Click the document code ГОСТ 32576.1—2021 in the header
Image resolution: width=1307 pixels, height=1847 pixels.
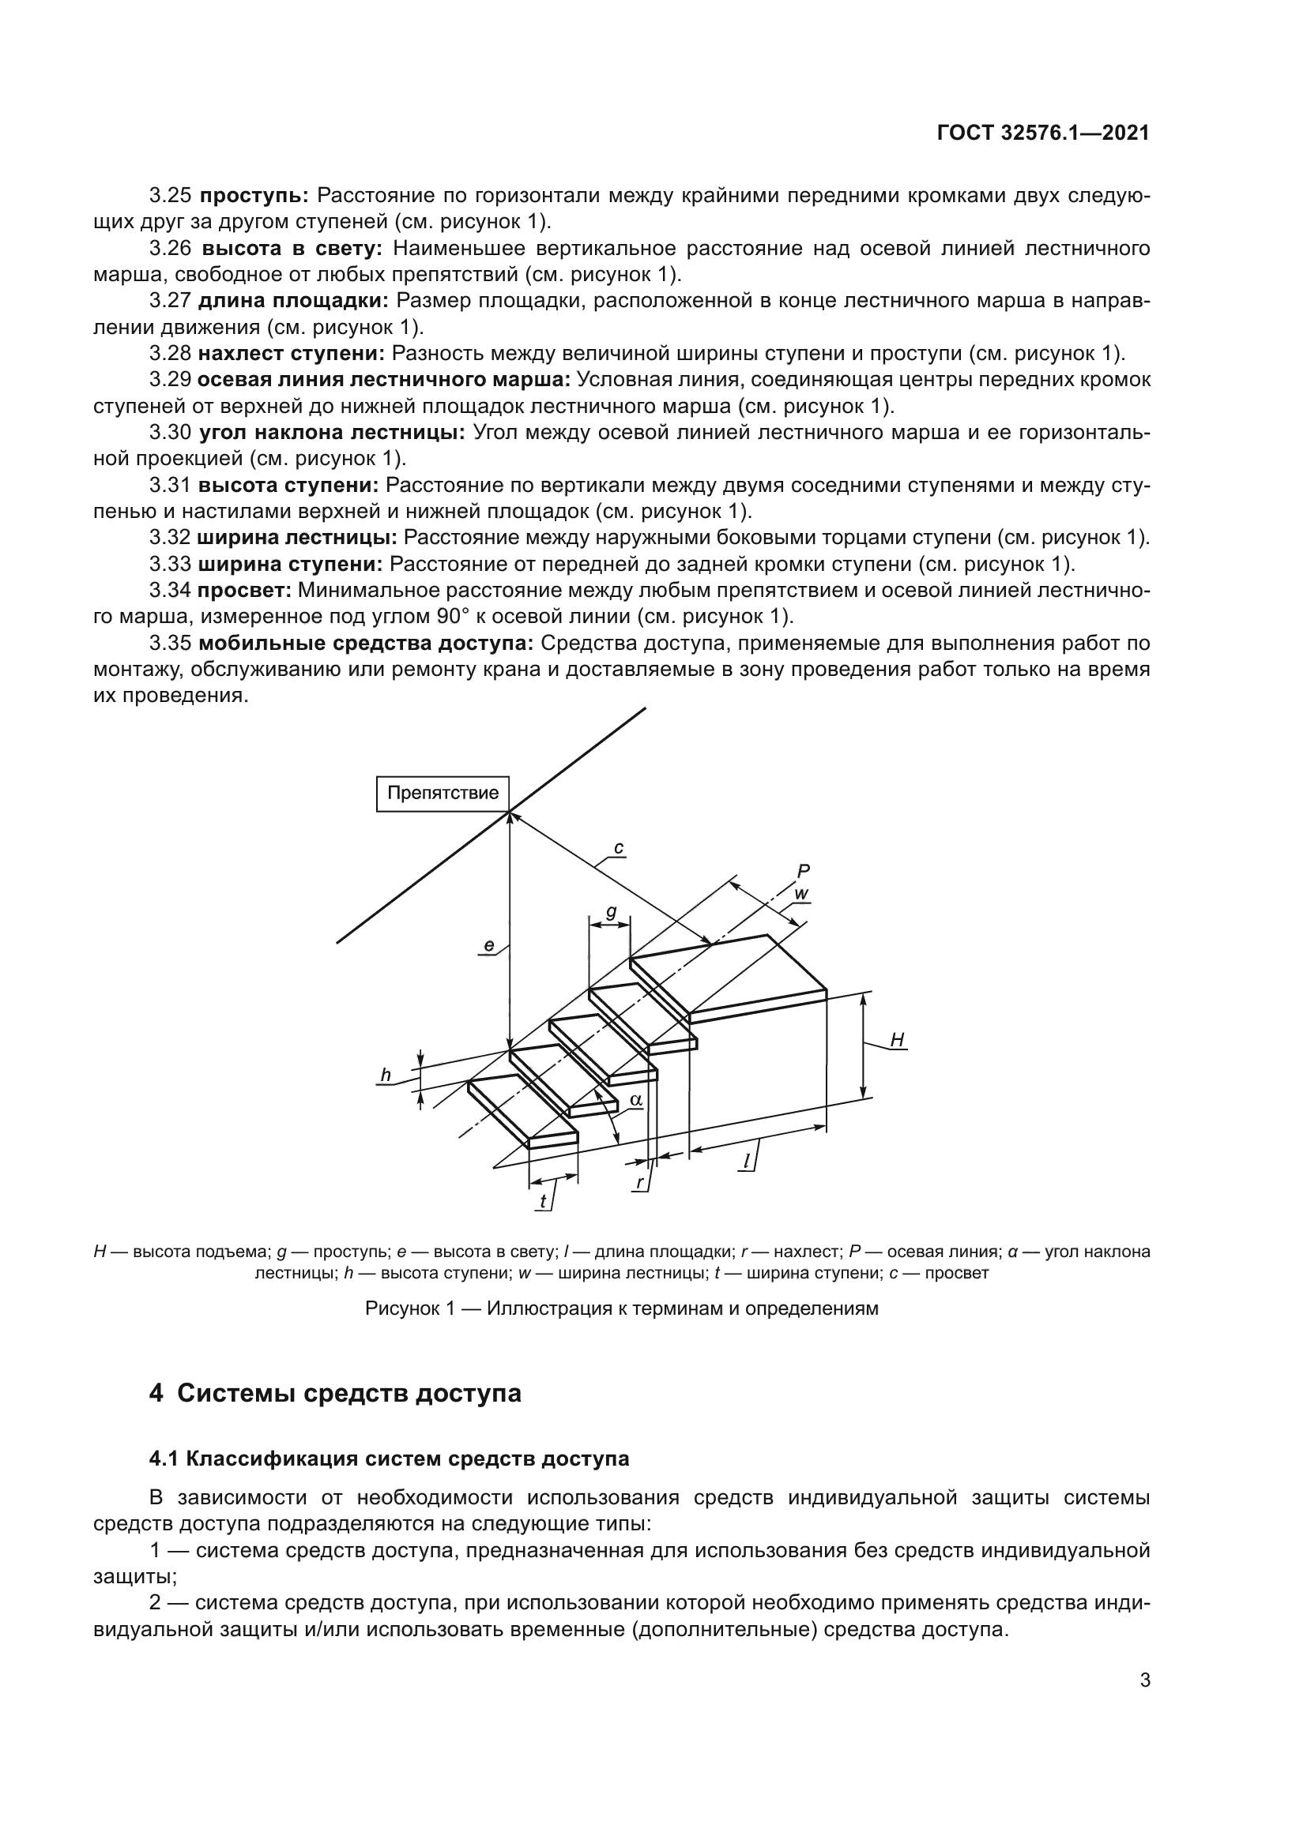coord(1043,133)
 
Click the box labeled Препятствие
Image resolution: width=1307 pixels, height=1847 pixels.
coord(443,793)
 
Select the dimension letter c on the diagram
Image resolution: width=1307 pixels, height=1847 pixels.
coord(618,848)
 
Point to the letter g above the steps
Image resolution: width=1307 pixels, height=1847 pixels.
coord(611,911)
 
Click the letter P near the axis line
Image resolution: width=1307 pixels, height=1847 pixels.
coord(802,870)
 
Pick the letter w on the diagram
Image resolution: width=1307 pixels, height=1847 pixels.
coord(800,894)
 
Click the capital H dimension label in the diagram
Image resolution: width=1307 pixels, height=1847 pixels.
coord(898,1040)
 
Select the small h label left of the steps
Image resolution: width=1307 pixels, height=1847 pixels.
coord(386,1076)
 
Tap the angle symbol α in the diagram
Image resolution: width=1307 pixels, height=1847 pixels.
coord(635,1099)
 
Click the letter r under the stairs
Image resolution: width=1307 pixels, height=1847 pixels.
coord(640,1183)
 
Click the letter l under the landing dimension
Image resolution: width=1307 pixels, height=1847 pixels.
coord(746,1161)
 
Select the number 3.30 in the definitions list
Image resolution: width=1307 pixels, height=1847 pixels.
coord(170,433)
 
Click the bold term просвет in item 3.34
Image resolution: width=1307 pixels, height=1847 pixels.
coord(244,591)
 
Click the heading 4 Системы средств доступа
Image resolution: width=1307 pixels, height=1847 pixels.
coord(335,1393)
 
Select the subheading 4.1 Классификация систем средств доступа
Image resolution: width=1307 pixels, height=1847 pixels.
coord(389,1458)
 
